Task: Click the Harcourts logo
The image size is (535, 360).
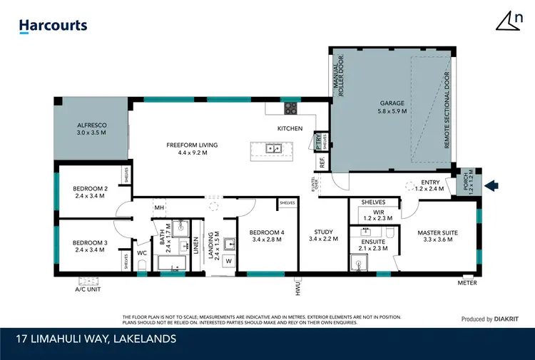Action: click(x=53, y=26)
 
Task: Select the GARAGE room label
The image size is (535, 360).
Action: click(x=392, y=108)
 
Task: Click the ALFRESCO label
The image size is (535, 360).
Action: click(x=92, y=129)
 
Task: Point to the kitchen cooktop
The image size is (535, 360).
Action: click(x=292, y=108)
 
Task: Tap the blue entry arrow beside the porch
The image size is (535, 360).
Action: click(x=491, y=186)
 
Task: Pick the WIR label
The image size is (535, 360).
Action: click(x=374, y=214)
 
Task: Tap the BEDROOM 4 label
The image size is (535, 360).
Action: click(x=265, y=235)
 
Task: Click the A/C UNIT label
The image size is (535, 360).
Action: click(x=88, y=290)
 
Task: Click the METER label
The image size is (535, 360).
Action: click(x=467, y=283)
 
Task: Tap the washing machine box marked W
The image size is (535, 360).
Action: click(x=228, y=261)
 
